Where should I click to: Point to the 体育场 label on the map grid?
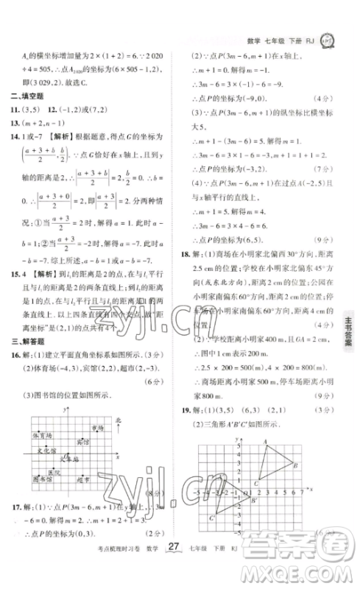click(x=42, y=435)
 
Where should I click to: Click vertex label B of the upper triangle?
click(x=294, y=465)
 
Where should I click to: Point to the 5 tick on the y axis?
click(x=238, y=440)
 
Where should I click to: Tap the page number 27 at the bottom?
click(x=173, y=567)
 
